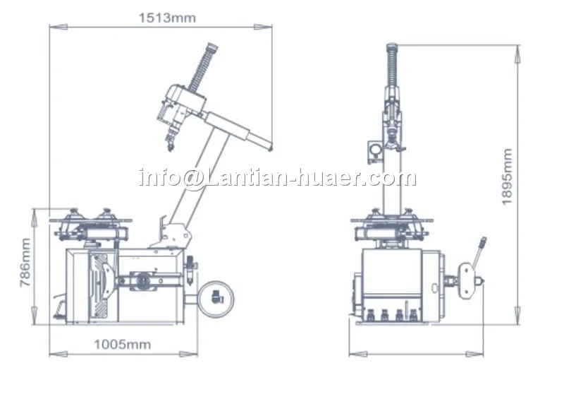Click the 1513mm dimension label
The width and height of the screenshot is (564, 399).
tap(167, 18)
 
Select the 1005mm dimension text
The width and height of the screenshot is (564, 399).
tap(122, 345)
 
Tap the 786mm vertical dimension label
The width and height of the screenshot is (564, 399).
tap(25, 262)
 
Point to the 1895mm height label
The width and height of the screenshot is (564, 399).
tap(506, 177)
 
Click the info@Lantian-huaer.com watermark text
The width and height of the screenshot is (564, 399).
tap(278, 177)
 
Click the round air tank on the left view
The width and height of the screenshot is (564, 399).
tap(215, 299)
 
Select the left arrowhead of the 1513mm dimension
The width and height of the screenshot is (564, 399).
tap(59, 27)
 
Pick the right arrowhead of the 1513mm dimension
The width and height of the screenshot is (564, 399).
tap(263, 27)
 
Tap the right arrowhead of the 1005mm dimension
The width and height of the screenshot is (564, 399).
tap(188, 354)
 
